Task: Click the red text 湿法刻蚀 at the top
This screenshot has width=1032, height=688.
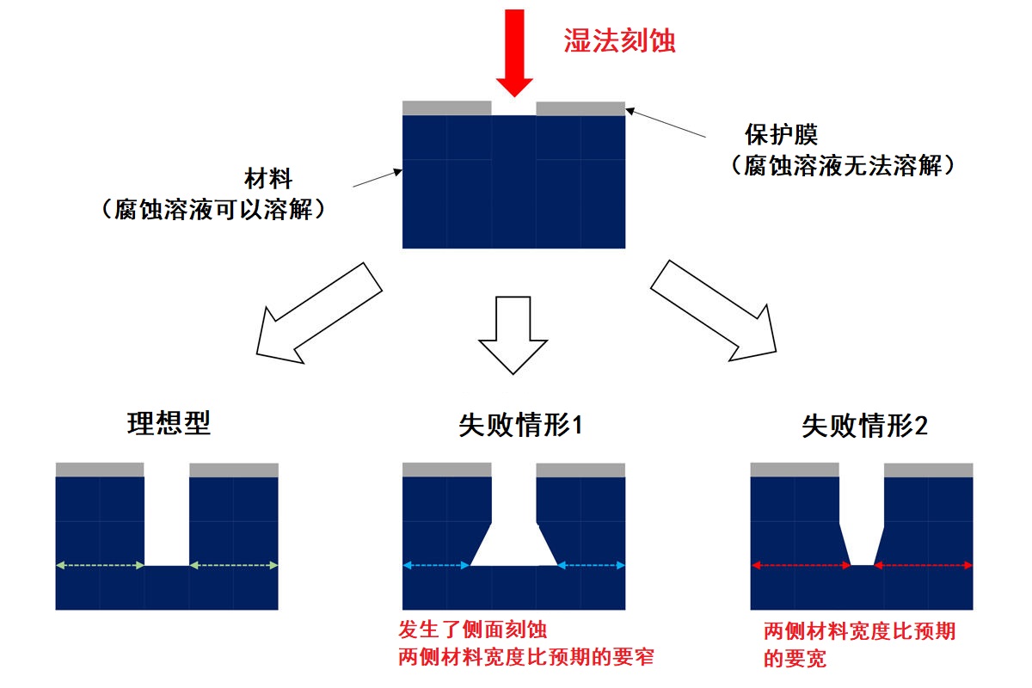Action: [x=619, y=40]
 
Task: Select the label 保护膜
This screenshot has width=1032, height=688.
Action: [x=781, y=136]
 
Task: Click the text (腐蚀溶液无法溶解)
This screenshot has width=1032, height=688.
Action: [x=843, y=166]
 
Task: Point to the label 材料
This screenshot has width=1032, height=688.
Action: [x=269, y=180]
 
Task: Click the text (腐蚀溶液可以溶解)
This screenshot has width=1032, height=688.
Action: [x=213, y=209]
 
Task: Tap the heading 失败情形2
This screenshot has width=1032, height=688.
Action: [x=864, y=426]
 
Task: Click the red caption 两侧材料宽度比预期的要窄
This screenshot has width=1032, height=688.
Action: [x=526, y=657]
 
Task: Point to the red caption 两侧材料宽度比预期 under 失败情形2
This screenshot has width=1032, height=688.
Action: [x=859, y=631]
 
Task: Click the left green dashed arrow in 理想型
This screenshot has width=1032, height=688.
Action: [x=100, y=565]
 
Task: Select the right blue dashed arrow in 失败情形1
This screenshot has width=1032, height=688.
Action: [x=592, y=565]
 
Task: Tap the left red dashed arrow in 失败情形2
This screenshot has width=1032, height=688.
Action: [x=801, y=565]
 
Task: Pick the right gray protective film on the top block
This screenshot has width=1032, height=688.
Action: [x=580, y=108]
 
